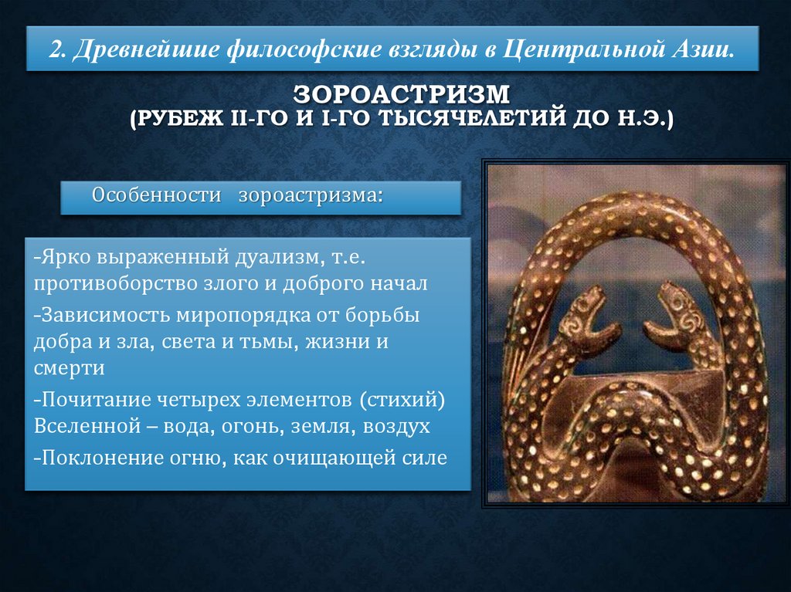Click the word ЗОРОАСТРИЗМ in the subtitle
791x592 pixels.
click(402, 96)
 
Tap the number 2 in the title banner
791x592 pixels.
click(55, 50)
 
